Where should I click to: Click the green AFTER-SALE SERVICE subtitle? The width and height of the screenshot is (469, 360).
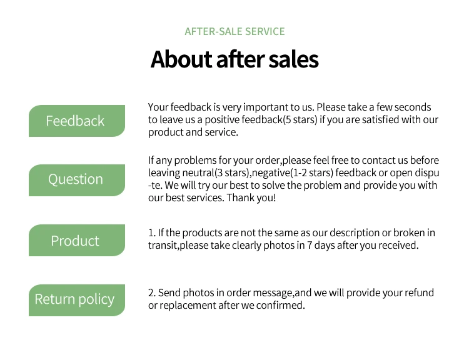pos(234,31)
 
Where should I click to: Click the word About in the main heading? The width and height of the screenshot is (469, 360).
pos(181,59)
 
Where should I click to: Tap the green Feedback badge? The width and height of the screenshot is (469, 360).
pos(77,121)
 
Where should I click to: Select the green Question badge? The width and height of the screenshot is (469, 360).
pos(77,180)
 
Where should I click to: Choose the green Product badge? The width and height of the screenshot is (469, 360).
pos(77,240)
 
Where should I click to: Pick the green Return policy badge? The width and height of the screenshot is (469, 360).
pos(77,300)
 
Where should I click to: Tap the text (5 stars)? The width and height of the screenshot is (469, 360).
pos(300,119)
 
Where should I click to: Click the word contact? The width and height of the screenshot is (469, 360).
pos(379,161)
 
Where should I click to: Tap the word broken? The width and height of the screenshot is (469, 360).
pos(409,232)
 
